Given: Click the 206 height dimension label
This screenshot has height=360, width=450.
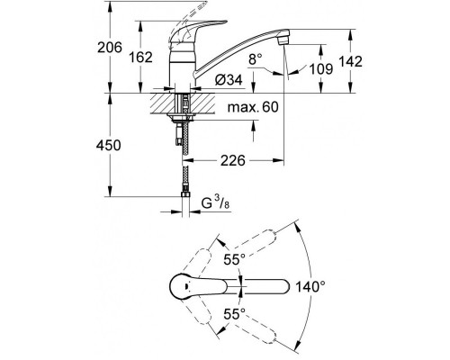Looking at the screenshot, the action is click(x=110, y=48).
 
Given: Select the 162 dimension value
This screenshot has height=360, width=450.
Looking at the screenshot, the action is click(x=140, y=58).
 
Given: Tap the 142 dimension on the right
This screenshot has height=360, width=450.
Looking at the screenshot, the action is click(x=350, y=61).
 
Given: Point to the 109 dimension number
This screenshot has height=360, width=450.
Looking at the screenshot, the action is click(x=321, y=69).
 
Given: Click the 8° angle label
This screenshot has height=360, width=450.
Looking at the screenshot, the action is click(x=256, y=59).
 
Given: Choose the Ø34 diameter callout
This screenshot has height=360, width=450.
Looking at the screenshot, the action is click(x=229, y=80).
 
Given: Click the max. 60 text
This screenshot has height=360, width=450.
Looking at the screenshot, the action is click(x=253, y=107).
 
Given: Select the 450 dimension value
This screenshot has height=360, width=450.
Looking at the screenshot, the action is click(x=109, y=145).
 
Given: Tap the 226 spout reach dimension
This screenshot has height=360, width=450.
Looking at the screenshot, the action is click(x=233, y=161).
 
